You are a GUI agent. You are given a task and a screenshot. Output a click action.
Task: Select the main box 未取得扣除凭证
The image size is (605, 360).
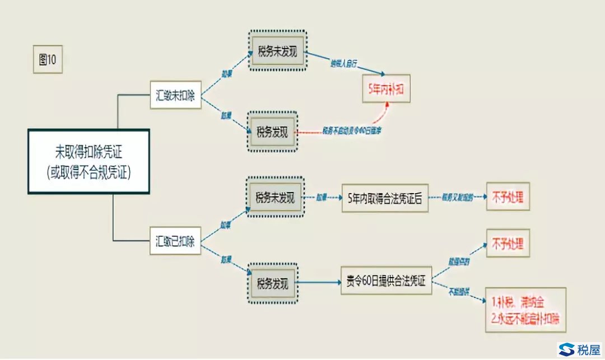[89, 162]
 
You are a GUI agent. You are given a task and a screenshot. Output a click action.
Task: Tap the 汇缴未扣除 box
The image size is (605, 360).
[175, 95]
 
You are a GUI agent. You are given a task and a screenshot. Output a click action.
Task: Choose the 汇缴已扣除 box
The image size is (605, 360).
[175, 241]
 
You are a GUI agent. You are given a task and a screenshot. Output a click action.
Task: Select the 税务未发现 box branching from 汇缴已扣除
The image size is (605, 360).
[275, 198]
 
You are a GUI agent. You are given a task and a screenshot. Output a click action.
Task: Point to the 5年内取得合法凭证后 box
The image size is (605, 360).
[385, 199]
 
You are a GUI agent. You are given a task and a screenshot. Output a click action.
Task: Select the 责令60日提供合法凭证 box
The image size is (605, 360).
[386, 281]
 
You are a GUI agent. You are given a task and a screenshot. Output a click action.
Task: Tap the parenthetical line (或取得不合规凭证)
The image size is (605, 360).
[89, 173]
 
